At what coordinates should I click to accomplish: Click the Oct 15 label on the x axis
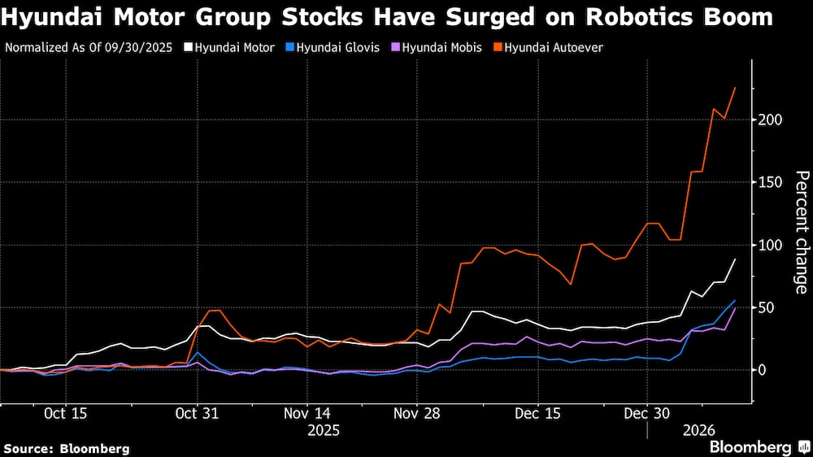tap(66, 413)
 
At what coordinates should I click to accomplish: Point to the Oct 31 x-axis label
tap(198, 413)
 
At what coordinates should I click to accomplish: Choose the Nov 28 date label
tap(416, 413)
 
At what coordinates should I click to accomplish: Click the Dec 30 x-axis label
tap(646, 413)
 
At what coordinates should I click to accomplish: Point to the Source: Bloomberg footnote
tap(67, 448)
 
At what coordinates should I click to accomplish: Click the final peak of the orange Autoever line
tap(735, 87)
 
